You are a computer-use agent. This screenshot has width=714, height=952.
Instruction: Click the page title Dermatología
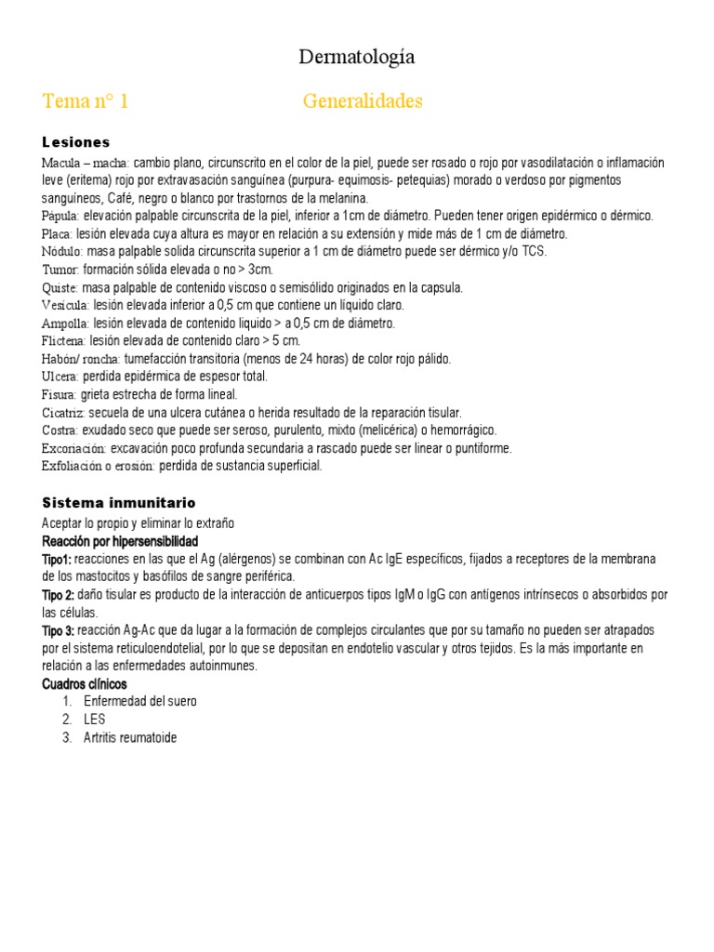357,58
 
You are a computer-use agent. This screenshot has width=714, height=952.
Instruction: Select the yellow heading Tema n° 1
86,101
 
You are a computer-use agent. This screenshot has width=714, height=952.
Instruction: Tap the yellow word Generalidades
363,101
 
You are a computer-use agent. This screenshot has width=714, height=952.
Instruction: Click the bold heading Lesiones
76,142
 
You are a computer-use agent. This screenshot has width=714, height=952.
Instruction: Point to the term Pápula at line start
59,216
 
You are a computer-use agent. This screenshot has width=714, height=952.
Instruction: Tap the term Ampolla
65,324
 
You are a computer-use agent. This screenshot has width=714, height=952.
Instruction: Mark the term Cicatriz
63,413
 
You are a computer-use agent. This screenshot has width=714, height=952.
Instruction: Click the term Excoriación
74,448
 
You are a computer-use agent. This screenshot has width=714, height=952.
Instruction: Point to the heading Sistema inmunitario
119,502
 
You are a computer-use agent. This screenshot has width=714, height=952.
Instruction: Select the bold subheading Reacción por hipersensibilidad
120,541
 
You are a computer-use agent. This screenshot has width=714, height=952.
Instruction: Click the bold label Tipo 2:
58,595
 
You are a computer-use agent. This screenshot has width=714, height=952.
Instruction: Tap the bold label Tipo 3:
58,630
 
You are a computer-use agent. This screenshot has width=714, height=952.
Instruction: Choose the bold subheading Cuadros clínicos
85,684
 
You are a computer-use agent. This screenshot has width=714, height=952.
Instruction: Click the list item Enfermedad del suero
139,702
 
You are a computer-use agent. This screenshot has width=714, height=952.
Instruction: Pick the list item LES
94,720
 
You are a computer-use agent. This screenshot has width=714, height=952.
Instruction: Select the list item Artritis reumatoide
130,738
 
